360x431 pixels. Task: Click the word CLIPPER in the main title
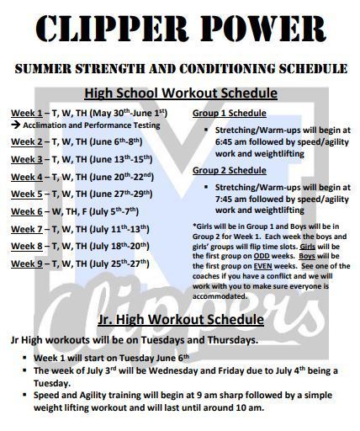(111, 29)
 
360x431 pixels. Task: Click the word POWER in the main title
(264, 29)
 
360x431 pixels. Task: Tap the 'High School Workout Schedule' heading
(181, 93)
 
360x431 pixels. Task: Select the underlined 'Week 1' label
(27, 114)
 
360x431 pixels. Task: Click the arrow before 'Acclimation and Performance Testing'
(16, 125)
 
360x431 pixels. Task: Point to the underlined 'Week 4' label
(27, 178)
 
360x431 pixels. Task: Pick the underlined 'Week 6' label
(27, 212)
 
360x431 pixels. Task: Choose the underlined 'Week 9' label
(27, 264)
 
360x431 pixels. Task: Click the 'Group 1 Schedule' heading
(230, 114)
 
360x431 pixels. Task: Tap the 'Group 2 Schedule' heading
(230, 170)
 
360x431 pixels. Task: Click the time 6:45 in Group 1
(224, 142)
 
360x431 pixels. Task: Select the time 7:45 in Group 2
(224, 200)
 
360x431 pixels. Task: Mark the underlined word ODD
(262, 256)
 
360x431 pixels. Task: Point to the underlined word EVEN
(263, 266)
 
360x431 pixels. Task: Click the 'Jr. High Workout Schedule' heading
(181, 320)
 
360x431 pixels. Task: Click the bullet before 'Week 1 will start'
(25, 358)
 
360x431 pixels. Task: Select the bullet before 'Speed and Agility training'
(25, 395)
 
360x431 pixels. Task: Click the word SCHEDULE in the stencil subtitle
(313, 69)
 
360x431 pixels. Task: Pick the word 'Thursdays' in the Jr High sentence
(232, 340)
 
